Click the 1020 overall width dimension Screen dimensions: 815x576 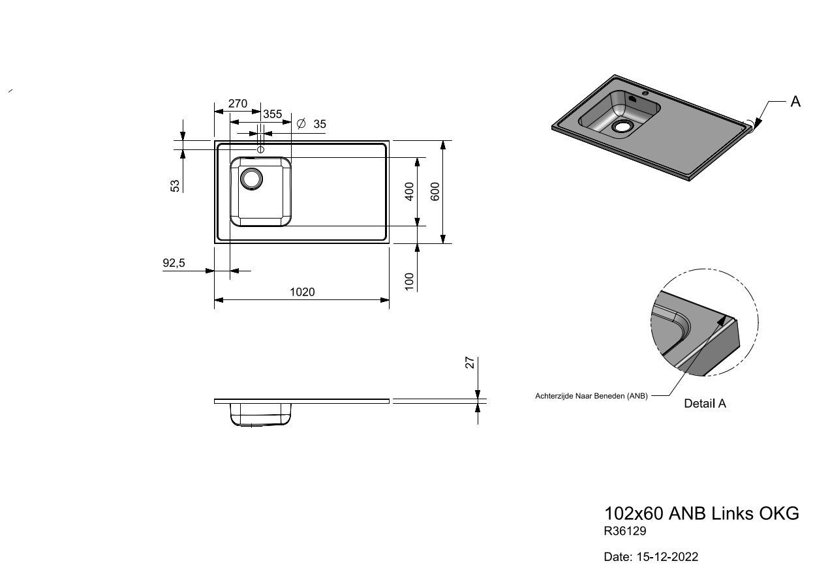[x=302, y=292]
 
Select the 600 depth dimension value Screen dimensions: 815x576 [x=435, y=192]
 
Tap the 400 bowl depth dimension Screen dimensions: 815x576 [x=409, y=192]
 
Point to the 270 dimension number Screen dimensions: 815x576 [x=238, y=104]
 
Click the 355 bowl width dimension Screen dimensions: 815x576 [x=273, y=114]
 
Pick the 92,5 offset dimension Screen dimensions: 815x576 [x=174, y=262]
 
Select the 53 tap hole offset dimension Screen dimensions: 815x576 [x=175, y=186]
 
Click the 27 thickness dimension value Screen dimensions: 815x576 [x=470, y=363]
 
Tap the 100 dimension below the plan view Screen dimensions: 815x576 [x=409, y=282]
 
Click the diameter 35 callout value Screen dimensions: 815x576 [x=320, y=124]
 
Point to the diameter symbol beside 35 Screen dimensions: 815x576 [x=301, y=124]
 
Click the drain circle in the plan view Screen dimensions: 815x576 [x=251, y=179]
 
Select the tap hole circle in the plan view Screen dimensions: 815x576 [x=260, y=149]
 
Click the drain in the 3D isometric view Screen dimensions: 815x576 [x=623, y=126]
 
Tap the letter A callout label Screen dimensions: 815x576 [x=795, y=102]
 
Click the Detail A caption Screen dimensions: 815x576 [x=705, y=403]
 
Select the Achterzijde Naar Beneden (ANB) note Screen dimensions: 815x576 [x=591, y=396]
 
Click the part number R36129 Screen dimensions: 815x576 [x=624, y=531]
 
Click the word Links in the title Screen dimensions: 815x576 [x=732, y=513]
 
